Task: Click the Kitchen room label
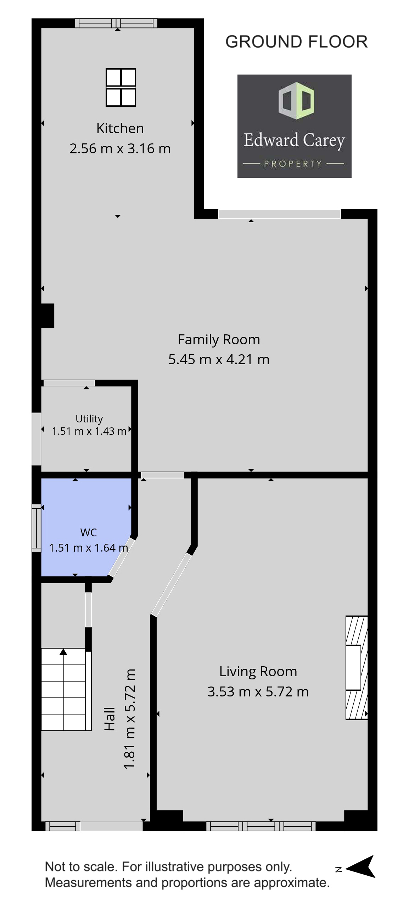tap(120, 128)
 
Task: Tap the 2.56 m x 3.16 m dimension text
tap(120, 148)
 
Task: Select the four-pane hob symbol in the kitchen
tap(121, 87)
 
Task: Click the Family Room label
tap(219, 340)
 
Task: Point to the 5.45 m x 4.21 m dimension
tap(219, 360)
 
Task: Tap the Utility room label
tap(89, 419)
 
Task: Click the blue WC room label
tap(89, 532)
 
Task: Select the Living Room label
tap(258, 672)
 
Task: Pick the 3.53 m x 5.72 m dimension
tap(258, 691)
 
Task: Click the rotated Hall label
tap(110, 718)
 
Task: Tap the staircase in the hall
tap(66, 689)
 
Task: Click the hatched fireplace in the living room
tap(357, 668)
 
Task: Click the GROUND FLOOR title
tap(297, 42)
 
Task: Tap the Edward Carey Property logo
tap(294, 126)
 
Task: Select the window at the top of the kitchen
tap(116, 23)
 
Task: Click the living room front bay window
tap(261, 826)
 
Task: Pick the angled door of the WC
tap(122, 557)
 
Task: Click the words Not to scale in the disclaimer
tap(81, 866)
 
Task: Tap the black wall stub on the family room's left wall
tap(47, 316)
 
